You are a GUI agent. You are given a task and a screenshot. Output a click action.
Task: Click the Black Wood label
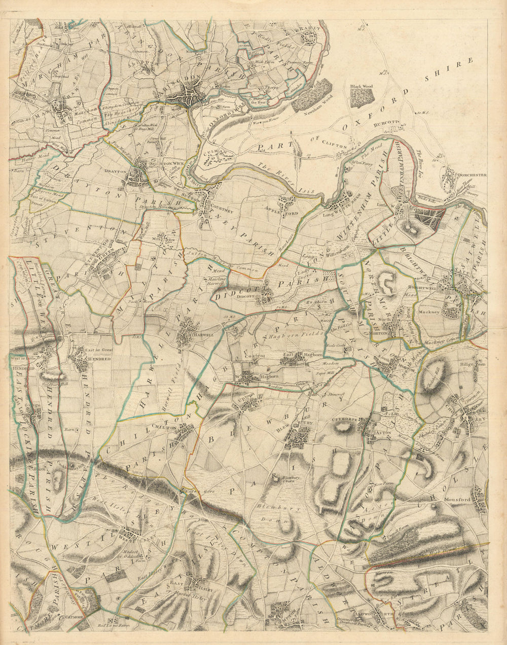coord(361,87)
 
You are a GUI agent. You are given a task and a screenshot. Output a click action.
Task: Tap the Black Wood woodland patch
coord(361,98)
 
